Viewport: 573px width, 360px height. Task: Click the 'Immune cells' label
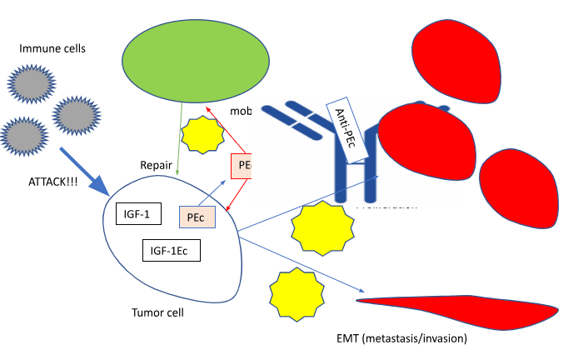click(52, 48)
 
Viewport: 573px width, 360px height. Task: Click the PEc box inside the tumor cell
click(197, 217)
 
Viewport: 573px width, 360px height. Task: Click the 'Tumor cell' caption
click(157, 313)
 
